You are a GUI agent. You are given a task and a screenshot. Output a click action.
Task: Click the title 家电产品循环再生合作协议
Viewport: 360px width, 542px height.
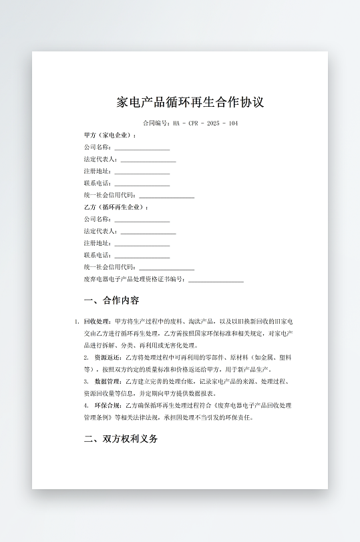[x=190, y=102]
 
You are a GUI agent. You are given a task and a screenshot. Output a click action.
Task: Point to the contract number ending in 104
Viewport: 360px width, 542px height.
[x=205, y=123]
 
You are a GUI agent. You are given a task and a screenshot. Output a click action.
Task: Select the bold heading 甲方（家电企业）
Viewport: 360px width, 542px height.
[x=110, y=135]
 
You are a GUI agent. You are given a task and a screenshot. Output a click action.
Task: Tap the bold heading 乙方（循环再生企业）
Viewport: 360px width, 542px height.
[x=116, y=207]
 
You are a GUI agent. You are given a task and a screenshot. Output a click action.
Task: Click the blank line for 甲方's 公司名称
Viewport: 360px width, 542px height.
[x=142, y=148]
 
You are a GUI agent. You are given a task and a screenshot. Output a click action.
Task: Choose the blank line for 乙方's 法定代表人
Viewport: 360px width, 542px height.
[x=148, y=232]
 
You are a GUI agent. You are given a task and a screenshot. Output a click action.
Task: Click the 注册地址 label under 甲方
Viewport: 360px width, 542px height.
[x=98, y=171]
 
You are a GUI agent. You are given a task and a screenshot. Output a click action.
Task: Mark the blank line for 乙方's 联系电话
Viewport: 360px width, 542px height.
[x=142, y=256]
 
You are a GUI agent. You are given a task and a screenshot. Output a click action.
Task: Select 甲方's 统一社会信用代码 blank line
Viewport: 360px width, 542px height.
[x=166, y=196]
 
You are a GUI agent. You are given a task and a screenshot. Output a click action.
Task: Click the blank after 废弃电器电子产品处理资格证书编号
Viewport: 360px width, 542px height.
[x=216, y=280]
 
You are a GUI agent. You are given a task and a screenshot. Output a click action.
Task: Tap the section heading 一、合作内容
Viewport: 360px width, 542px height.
[x=111, y=300]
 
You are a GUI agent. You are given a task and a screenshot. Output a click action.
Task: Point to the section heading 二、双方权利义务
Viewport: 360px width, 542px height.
[x=120, y=439]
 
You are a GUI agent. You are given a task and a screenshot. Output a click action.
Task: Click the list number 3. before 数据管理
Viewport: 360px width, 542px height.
[x=86, y=381]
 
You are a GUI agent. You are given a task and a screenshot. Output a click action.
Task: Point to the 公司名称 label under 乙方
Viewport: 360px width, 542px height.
[x=98, y=219]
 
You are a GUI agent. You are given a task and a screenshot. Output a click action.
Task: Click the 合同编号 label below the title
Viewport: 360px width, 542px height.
[x=158, y=123]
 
